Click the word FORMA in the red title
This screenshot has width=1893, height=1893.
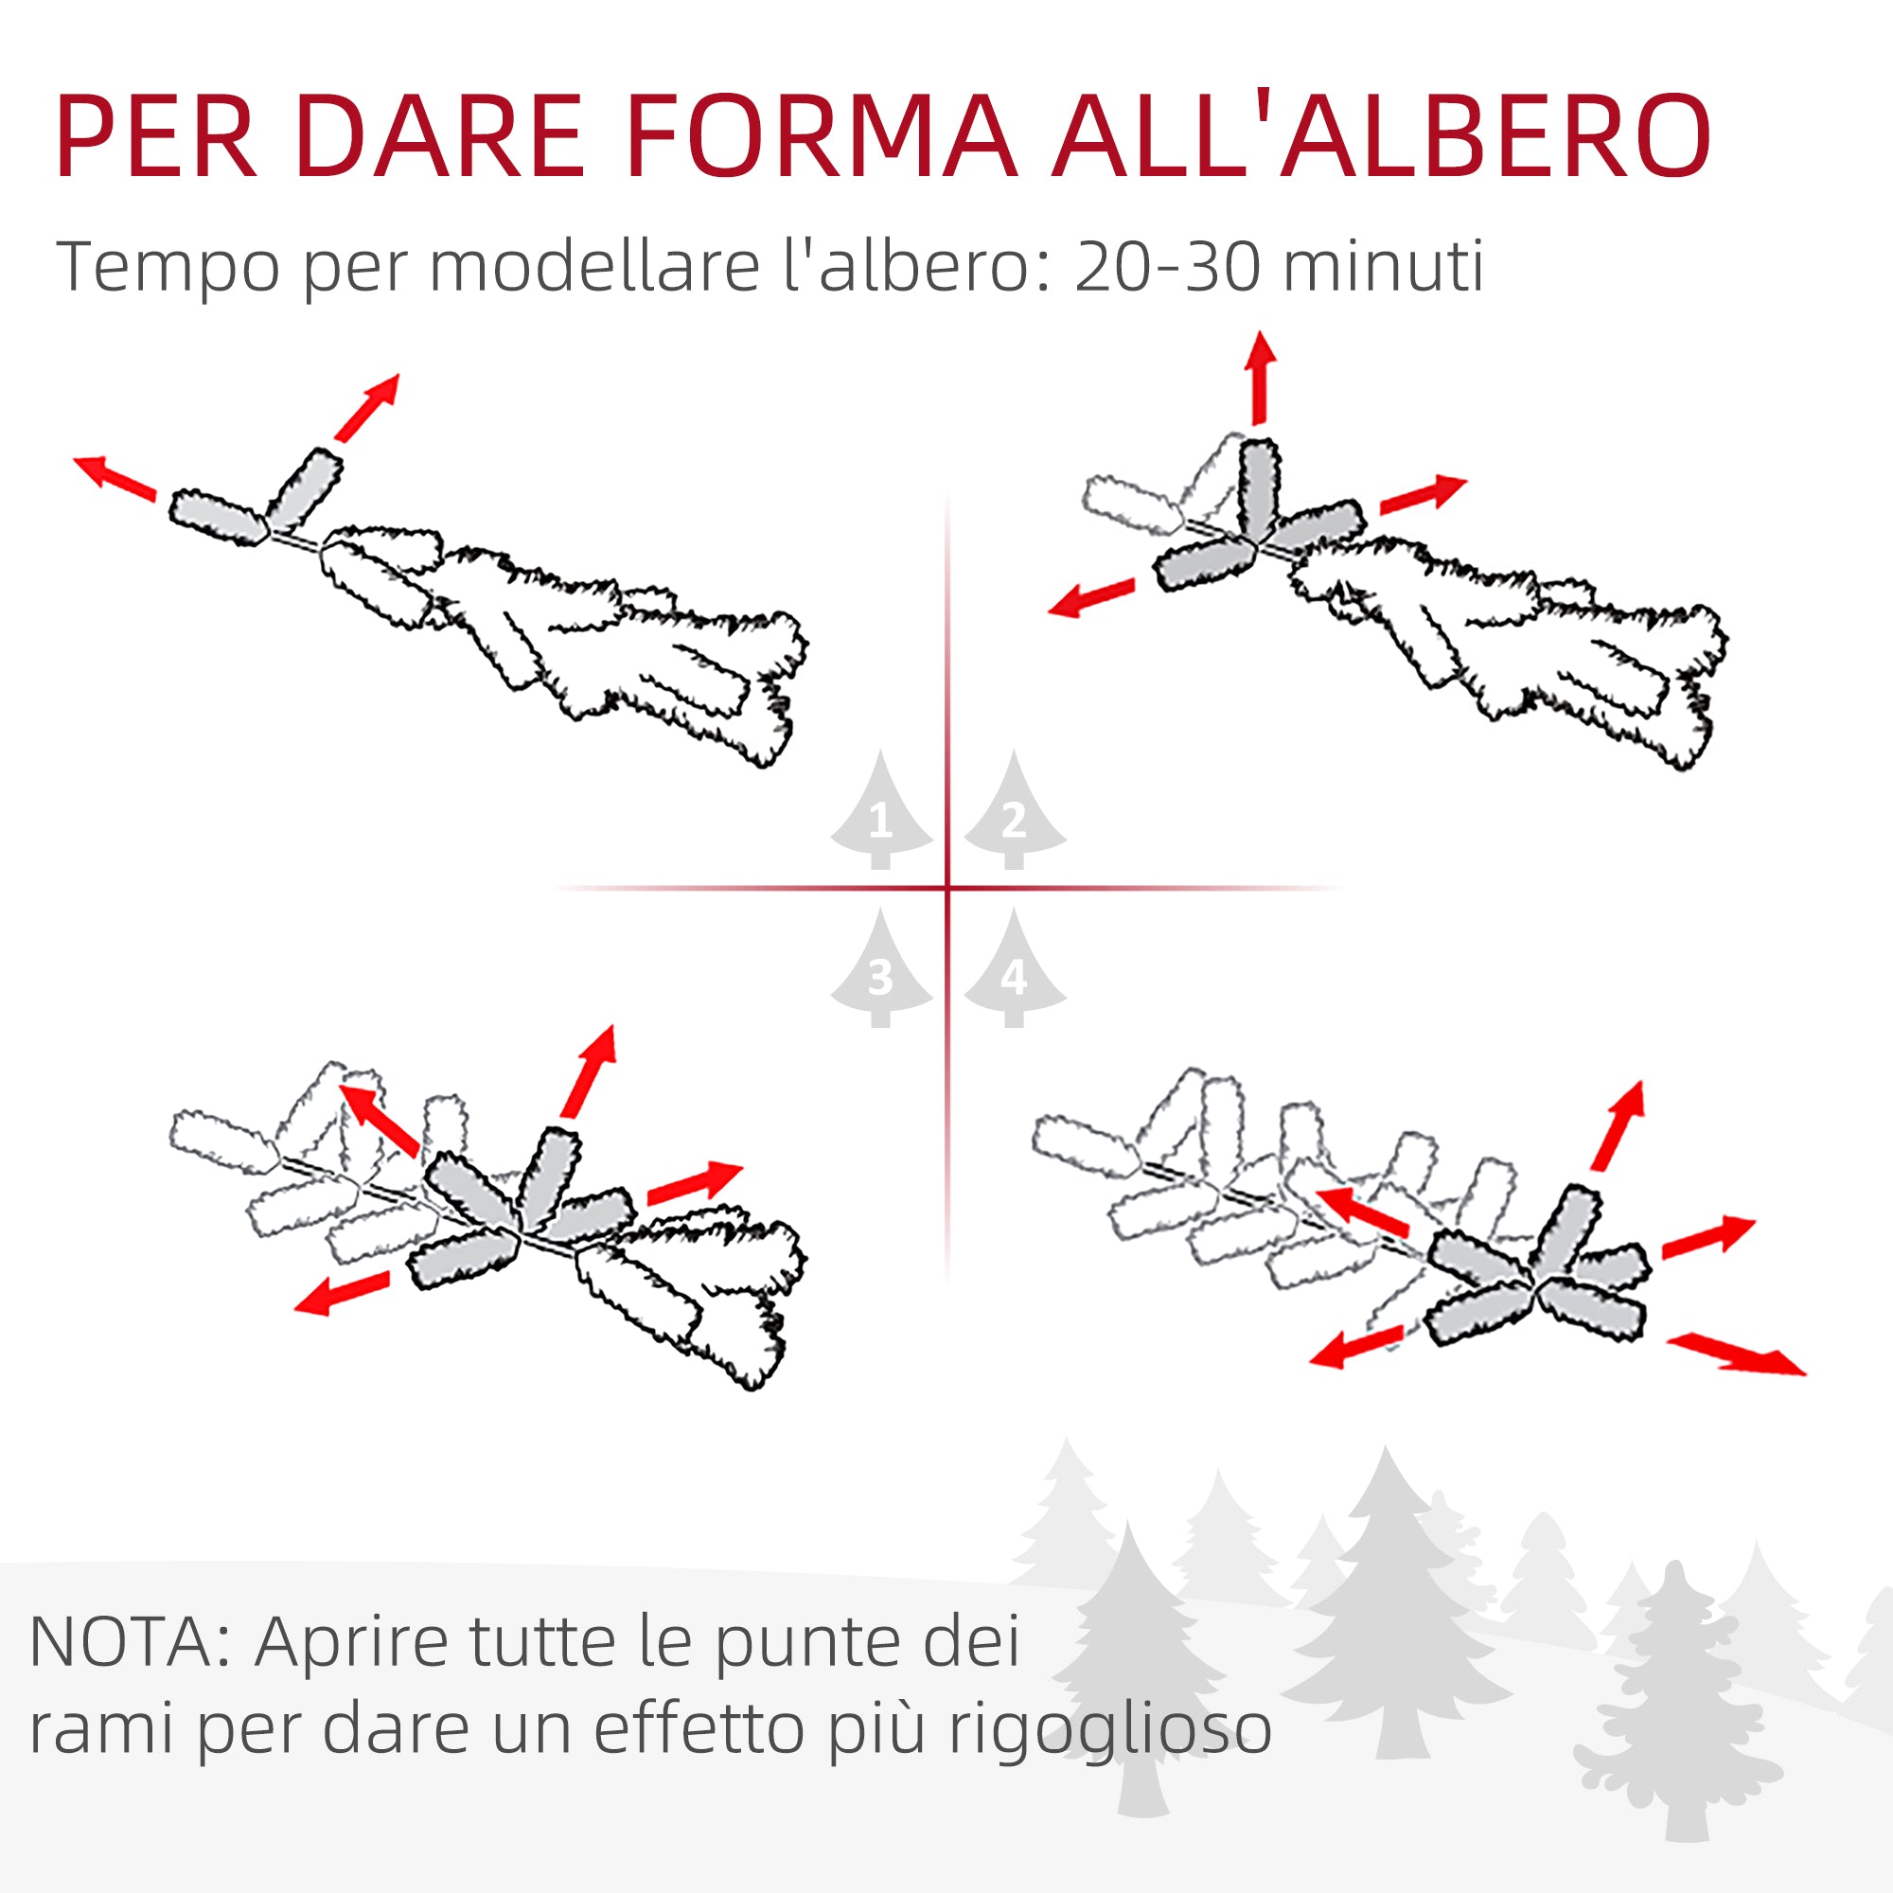click(821, 137)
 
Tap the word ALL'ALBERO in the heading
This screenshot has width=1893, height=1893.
click(1382, 137)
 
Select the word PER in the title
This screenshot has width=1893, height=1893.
click(157, 137)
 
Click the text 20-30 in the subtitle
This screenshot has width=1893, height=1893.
click(1166, 267)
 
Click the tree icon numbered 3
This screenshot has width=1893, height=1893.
click(880, 972)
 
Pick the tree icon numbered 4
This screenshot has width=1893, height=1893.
click(1014, 972)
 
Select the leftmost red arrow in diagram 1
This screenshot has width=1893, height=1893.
click(115, 477)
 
